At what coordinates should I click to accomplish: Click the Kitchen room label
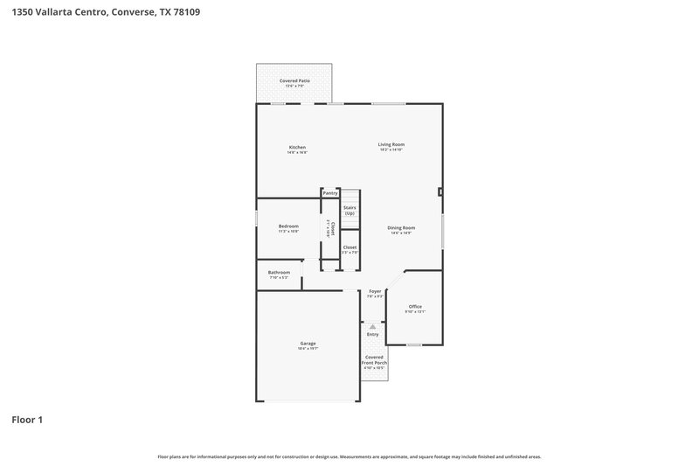click(297, 147)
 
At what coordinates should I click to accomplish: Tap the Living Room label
click(391, 144)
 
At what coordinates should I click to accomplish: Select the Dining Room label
click(401, 227)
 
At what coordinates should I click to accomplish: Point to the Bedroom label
click(288, 226)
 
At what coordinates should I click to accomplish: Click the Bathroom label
click(279, 272)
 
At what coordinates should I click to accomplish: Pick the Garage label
click(308, 343)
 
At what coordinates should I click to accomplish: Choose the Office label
click(415, 306)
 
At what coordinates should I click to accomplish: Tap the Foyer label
click(375, 291)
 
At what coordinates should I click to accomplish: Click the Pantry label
click(329, 192)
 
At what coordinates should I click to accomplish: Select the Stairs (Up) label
click(349, 210)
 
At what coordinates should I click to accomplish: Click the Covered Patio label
click(294, 80)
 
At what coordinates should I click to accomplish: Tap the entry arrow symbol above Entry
click(372, 326)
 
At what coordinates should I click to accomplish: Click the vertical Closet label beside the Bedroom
click(332, 227)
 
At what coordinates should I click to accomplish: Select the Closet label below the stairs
click(349, 247)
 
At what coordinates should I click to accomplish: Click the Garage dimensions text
click(308, 348)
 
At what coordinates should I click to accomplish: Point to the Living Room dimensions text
click(391, 150)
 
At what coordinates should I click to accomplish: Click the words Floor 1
click(26, 420)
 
